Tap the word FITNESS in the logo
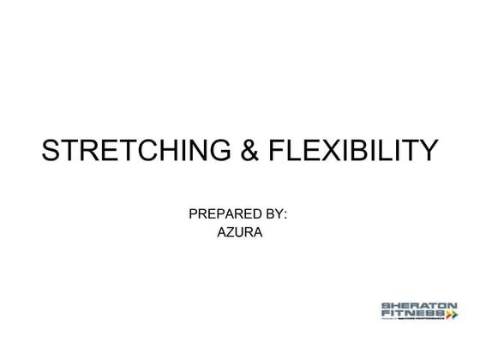point(411,314)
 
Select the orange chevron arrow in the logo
point(452,315)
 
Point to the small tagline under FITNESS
point(415,321)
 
